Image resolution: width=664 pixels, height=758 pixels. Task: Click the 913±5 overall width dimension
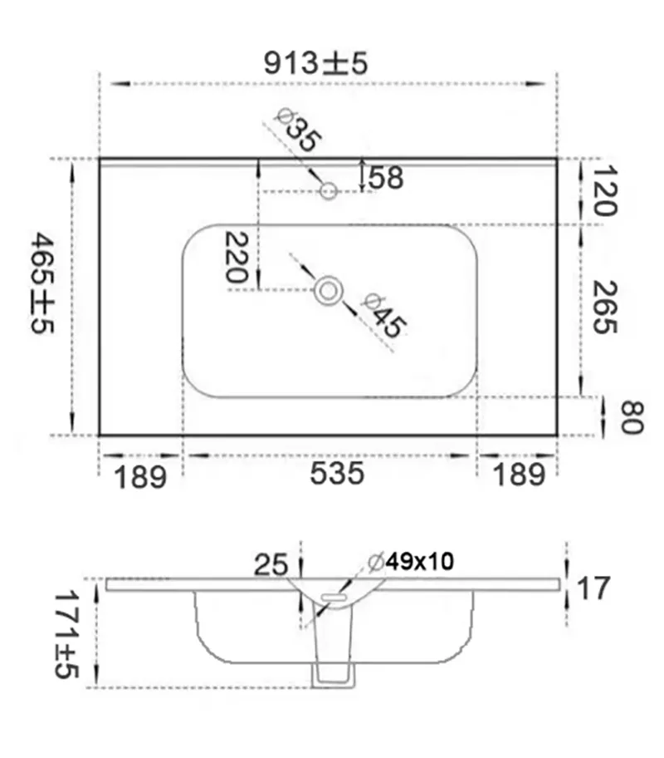(315, 63)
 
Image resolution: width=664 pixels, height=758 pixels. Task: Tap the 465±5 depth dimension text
(43, 283)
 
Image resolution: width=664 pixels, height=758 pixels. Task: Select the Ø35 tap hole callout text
(297, 130)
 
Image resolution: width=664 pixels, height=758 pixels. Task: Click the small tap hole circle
(329, 191)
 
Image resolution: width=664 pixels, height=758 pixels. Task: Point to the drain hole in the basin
(329, 291)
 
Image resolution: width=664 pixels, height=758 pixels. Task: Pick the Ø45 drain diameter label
(383, 315)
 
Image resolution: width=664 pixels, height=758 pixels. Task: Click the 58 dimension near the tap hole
(386, 177)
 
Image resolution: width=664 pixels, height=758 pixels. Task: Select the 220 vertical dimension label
(237, 257)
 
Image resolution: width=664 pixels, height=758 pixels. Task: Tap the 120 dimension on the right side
(604, 190)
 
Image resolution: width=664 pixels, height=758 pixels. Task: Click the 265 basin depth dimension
(604, 307)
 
